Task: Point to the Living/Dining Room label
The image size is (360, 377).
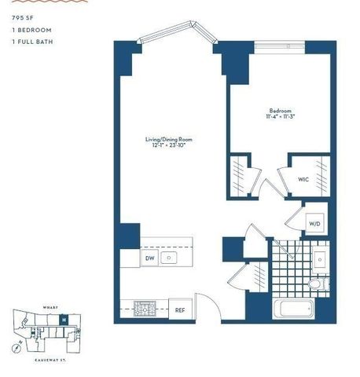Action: [169, 139]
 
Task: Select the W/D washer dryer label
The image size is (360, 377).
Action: [314, 224]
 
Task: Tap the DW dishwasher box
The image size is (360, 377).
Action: [149, 257]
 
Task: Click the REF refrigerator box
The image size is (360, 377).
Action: [180, 309]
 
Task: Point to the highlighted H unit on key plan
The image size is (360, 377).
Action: [64, 320]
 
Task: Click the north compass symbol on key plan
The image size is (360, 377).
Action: [17, 346]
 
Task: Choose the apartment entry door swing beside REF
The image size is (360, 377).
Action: [204, 302]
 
